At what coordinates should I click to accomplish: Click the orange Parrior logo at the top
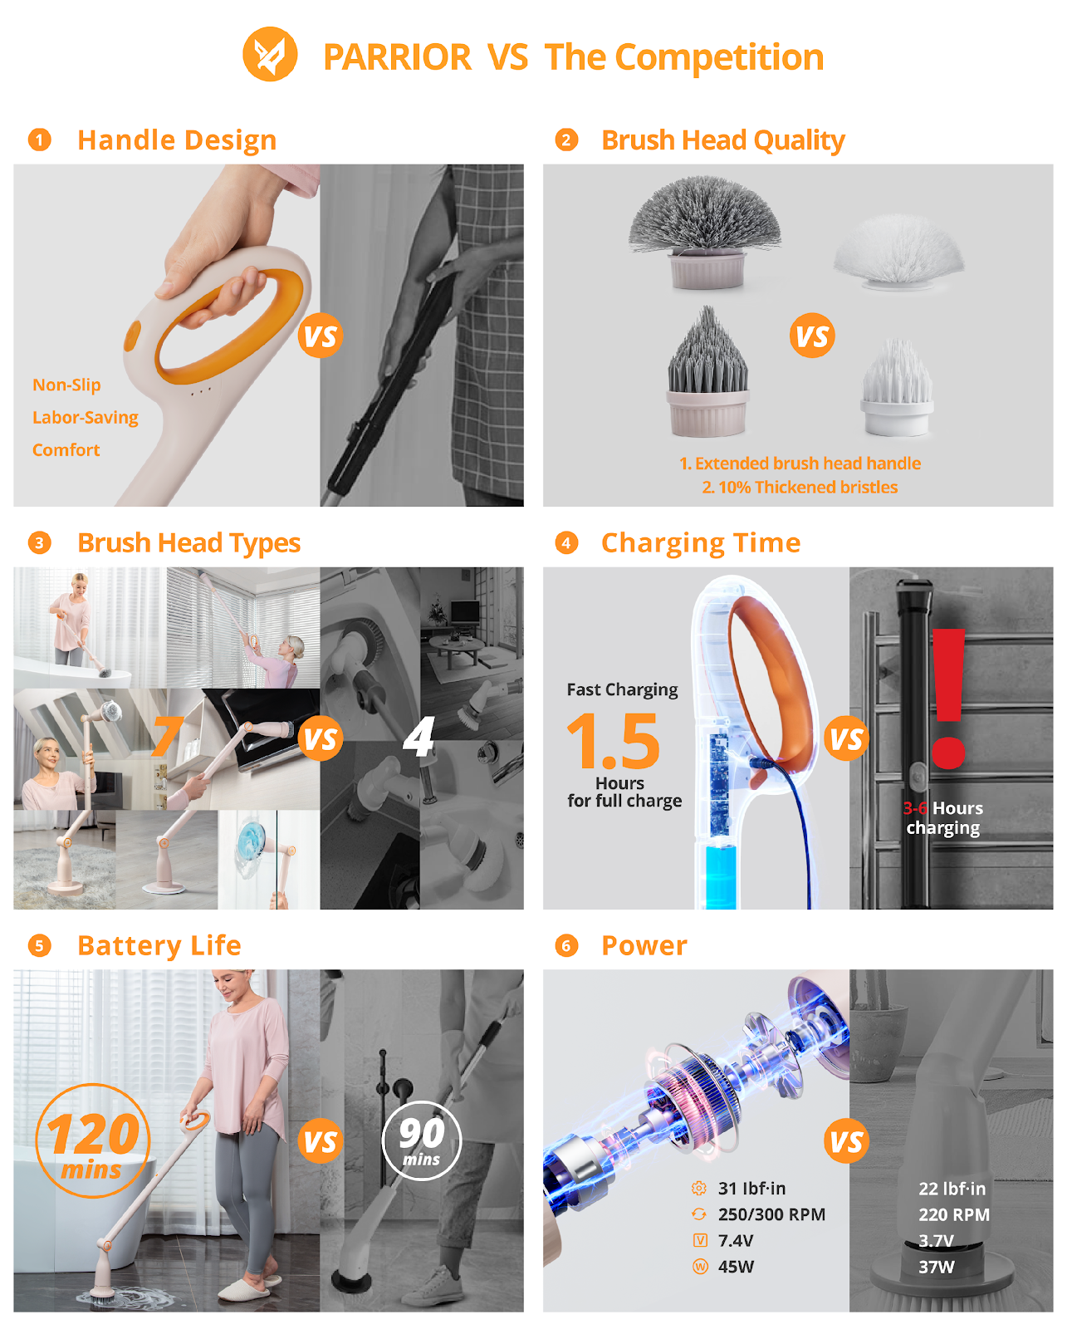[270, 54]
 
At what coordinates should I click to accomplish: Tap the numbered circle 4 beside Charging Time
[566, 543]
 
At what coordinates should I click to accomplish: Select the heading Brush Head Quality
[723, 141]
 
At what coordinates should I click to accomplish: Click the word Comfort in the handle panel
[66, 449]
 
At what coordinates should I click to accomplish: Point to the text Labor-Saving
[86, 418]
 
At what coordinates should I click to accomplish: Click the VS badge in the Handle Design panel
[321, 336]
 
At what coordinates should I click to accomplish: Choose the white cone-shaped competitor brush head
[898, 387]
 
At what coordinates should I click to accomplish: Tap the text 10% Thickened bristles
[800, 488]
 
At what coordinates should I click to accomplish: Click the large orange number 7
[168, 736]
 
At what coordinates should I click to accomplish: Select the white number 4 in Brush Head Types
[418, 736]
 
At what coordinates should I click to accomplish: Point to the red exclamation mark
[948, 699]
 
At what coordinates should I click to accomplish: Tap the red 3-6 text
[915, 807]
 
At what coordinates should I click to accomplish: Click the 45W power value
[736, 1267]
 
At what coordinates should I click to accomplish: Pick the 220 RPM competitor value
[954, 1214]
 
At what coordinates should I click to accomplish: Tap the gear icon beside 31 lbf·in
[699, 1188]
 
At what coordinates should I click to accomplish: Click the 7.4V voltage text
[736, 1241]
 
